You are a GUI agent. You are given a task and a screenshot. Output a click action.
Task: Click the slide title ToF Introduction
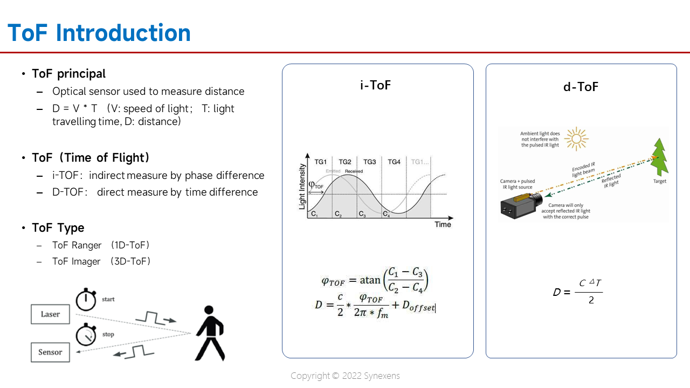tap(99, 33)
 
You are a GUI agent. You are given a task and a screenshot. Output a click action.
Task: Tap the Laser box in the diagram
tap(50, 314)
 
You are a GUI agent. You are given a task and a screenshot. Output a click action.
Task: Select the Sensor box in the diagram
tap(50, 352)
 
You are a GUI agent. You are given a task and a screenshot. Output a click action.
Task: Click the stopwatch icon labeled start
tap(85, 299)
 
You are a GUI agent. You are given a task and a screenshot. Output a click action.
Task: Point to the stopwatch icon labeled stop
tap(86, 335)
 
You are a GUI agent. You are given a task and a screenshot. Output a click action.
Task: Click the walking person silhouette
tap(209, 334)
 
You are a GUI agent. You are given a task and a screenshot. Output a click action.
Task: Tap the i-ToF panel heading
tap(375, 85)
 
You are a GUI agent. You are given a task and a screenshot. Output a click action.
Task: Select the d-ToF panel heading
tap(581, 87)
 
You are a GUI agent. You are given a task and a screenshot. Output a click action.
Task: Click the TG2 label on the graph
tap(344, 162)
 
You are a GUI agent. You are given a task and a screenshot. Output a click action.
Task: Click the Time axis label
tap(443, 224)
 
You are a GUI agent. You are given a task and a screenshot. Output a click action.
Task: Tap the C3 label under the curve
tap(362, 214)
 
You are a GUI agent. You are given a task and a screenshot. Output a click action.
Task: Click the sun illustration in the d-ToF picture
tap(577, 139)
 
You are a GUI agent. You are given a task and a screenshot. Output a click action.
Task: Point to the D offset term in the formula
tap(418, 306)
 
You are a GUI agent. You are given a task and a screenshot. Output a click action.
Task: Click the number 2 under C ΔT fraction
tap(591, 300)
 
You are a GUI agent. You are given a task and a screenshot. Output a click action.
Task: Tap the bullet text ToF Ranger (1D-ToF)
tap(101, 245)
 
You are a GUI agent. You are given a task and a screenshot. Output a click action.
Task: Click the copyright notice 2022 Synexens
tap(345, 376)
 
